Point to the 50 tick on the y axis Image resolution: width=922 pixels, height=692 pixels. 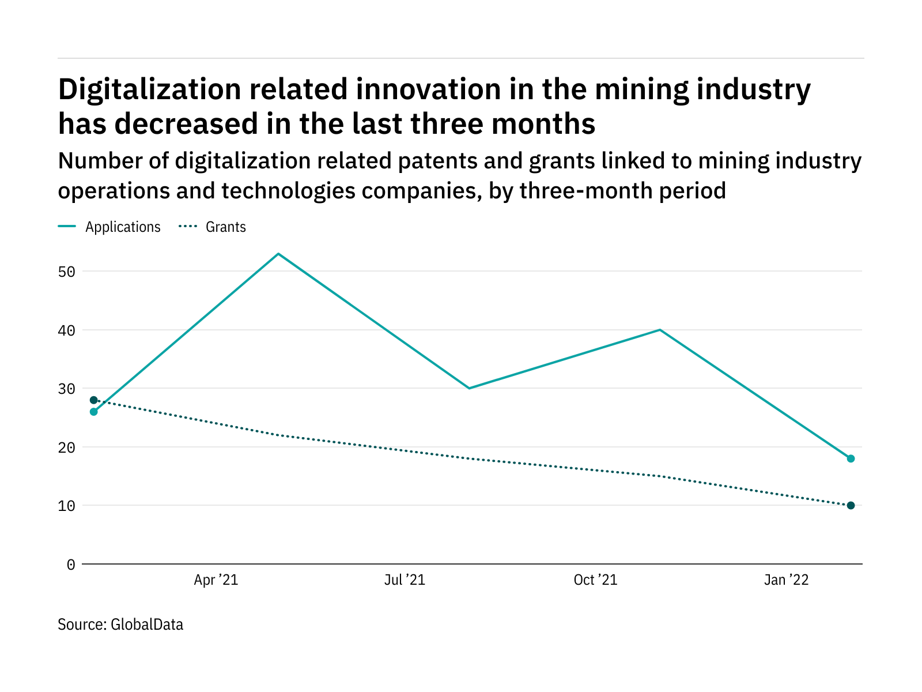[67, 272]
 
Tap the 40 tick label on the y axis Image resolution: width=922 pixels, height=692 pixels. [67, 330]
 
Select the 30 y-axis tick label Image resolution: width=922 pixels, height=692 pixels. [67, 389]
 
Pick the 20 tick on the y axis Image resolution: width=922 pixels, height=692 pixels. [67, 447]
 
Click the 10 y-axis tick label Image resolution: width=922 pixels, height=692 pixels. [67, 506]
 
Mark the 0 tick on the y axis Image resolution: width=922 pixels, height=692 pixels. [71, 565]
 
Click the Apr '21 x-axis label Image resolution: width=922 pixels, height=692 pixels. [216, 580]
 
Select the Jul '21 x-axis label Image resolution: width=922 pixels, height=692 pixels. [405, 580]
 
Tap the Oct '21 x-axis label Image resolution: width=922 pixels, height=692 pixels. [595, 580]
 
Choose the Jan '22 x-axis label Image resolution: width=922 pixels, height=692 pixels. [786, 580]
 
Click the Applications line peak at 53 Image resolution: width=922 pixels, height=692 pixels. [278, 254]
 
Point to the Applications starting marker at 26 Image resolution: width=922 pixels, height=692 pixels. [94, 412]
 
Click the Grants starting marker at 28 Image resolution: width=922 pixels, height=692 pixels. [94, 400]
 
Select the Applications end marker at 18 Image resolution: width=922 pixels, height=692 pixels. [851, 458]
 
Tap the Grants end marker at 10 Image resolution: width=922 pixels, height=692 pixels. [851, 506]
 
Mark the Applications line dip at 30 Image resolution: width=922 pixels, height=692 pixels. [469, 388]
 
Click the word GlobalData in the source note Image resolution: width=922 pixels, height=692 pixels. [147, 625]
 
